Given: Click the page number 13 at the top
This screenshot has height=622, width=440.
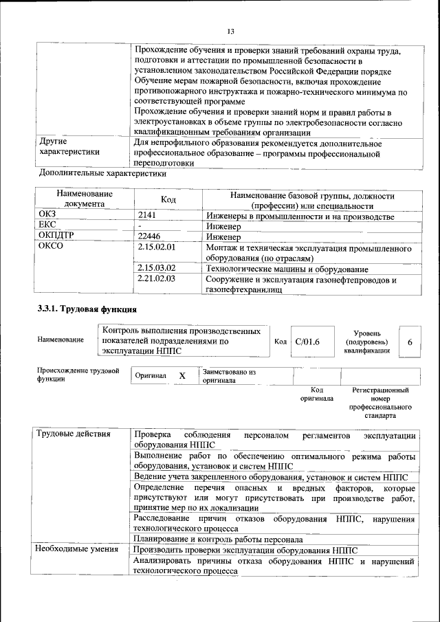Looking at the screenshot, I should [x=230, y=32].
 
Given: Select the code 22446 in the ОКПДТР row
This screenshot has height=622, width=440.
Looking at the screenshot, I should [x=151, y=236].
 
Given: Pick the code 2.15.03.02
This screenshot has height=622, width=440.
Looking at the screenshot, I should [x=157, y=268].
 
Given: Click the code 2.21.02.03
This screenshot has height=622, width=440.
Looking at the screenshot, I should [x=157, y=279].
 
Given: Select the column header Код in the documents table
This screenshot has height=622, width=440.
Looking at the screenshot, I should [x=168, y=199].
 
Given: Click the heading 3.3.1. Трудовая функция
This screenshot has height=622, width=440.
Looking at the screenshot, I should [x=87, y=309].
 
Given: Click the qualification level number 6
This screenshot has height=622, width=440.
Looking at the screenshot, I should [x=410, y=342].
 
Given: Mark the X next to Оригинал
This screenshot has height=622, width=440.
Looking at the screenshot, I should [x=182, y=376].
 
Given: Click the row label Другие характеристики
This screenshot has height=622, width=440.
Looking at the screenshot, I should [x=69, y=146].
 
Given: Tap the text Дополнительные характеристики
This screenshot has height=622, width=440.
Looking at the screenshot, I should [x=103, y=174].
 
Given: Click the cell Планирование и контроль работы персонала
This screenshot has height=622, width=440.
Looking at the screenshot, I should [x=219, y=539].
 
